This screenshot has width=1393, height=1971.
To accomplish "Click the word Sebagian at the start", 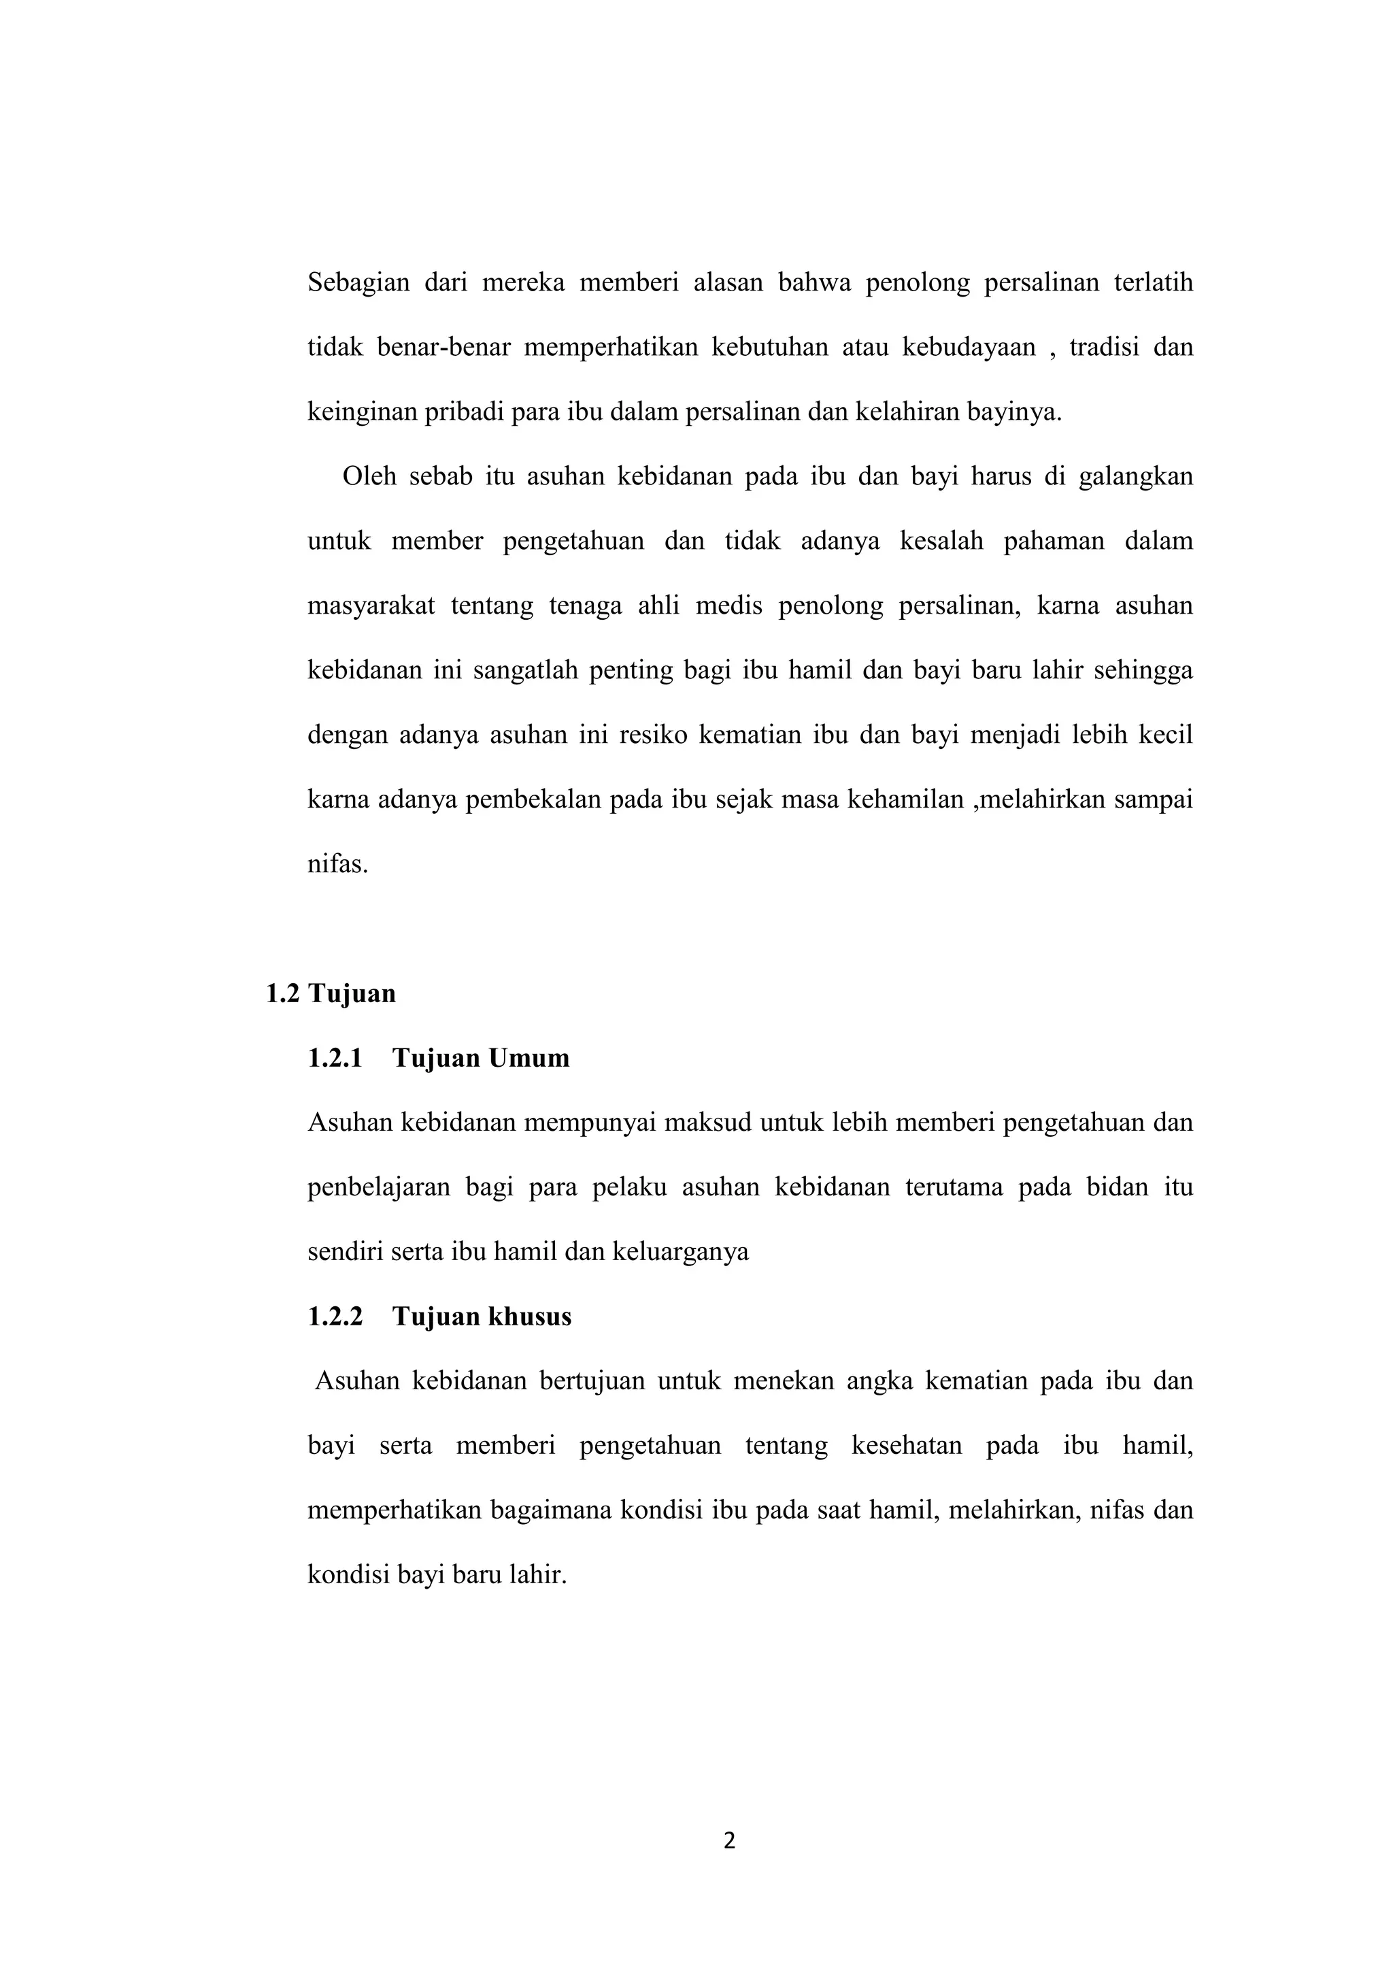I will (358, 283).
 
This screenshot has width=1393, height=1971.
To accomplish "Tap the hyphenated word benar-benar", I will (443, 348).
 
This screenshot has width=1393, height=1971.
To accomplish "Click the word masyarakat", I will (371, 606).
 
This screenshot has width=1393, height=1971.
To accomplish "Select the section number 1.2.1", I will (335, 1059).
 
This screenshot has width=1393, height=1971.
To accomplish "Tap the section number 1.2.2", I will (335, 1317).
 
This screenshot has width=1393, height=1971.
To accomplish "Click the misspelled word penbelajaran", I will (378, 1188).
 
